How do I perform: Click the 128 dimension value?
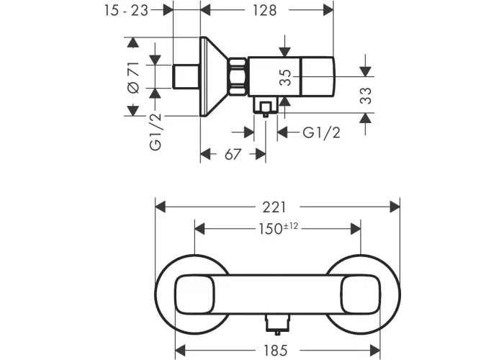[264, 10]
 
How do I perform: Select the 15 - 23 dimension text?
[126, 11]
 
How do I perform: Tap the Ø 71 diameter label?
[134, 78]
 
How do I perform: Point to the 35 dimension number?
[285, 78]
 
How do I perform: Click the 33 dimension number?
[366, 96]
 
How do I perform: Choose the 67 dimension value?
[233, 155]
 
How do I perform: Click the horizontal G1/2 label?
[321, 132]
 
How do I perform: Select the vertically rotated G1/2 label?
[156, 132]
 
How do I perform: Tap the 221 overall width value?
[274, 207]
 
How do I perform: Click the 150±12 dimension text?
[279, 228]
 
